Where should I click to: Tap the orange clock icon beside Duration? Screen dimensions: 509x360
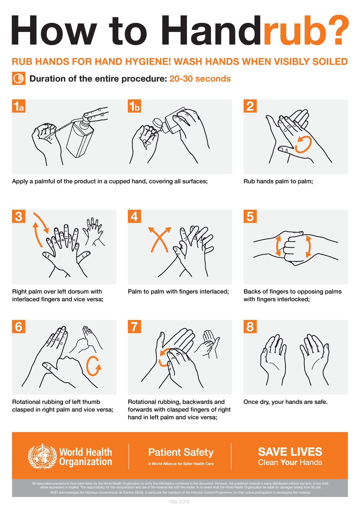coord(18,79)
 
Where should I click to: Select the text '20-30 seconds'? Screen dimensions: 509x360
coord(200,79)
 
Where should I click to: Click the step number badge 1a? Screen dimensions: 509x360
coord(19,106)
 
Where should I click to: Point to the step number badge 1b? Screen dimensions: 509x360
coord(134,106)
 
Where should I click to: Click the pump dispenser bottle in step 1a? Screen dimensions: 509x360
coord(79,138)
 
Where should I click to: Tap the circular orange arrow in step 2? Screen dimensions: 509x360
coord(303,144)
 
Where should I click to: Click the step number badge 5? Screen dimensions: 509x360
coord(250,216)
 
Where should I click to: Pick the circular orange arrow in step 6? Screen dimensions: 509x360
coord(93,366)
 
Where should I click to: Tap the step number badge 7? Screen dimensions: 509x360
coord(134,327)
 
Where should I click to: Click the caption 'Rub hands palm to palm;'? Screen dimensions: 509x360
coord(278,181)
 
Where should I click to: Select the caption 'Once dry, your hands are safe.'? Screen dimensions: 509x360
coord(285,402)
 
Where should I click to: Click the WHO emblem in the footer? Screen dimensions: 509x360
coord(42,456)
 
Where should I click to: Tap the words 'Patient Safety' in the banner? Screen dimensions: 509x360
coord(181,452)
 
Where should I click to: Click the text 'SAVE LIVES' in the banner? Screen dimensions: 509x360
coord(290,452)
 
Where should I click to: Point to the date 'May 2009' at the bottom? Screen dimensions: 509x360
coord(179,502)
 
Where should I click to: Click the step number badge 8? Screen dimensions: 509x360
coord(250,327)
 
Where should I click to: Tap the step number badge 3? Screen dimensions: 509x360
coord(19,216)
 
